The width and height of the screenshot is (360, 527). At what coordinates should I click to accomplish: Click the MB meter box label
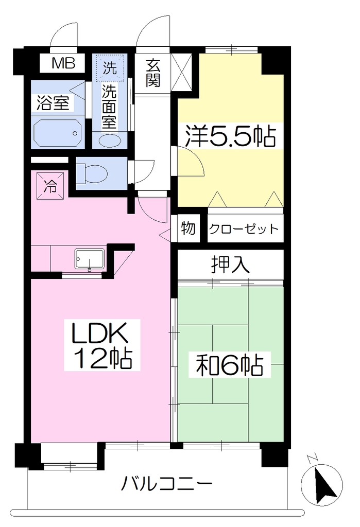(63, 63)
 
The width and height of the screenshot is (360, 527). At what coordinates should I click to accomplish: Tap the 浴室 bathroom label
(53, 102)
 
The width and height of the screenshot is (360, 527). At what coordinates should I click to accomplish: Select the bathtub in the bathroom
(58, 132)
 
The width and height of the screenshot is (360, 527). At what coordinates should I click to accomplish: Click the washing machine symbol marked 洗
(110, 68)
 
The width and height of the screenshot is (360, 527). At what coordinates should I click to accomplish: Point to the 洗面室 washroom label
(109, 107)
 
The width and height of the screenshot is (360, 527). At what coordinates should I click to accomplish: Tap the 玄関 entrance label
(153, 73)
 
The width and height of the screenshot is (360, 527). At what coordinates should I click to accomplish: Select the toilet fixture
(92, 173)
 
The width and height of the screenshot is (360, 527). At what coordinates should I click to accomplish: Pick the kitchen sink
(90, 259)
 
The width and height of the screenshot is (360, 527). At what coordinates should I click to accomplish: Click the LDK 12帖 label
(102, 345)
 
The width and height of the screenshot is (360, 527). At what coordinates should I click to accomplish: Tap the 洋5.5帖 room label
(230, 136)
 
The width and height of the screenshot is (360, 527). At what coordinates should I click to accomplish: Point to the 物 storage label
(188, 229)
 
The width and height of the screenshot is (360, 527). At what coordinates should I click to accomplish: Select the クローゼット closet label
(244, 229)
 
